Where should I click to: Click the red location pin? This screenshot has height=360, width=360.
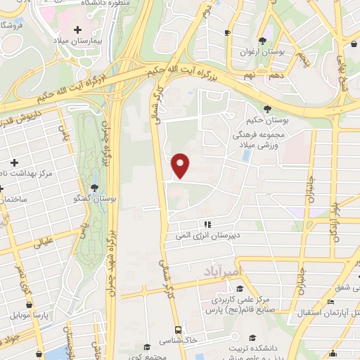coord(181,165)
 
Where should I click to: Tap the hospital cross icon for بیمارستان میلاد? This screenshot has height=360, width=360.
coord(78,30)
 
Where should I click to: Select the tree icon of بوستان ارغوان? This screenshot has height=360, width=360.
coord(262,41)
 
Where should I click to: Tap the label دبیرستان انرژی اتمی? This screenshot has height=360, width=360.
coord(208,237)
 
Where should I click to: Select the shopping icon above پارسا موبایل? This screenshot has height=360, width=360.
coord(28,305)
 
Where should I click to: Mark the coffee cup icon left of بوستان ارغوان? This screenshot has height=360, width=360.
coord(227,33)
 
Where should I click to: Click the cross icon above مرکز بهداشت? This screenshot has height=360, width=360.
coord(14,162)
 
